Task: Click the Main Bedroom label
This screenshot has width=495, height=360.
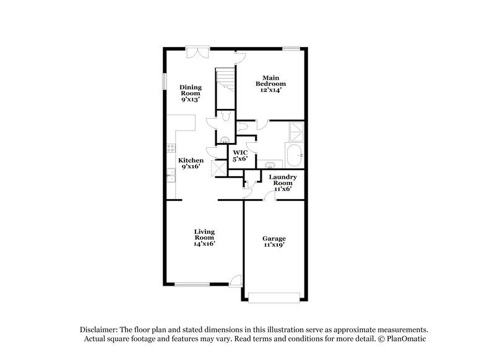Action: click(272, 84)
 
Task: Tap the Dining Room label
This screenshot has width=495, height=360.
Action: click(190, 93)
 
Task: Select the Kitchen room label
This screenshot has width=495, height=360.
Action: click(191, 163)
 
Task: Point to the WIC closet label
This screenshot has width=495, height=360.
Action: click(239, 156)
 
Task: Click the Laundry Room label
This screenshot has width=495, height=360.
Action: click(283, 182)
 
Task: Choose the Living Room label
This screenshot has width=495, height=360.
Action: click(204, 238)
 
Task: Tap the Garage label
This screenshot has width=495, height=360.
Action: click(273, 241)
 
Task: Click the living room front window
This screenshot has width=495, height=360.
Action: click(192, 284)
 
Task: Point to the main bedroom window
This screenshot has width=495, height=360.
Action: click(291, 48)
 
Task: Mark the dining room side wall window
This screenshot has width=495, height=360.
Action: click(165, 82)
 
